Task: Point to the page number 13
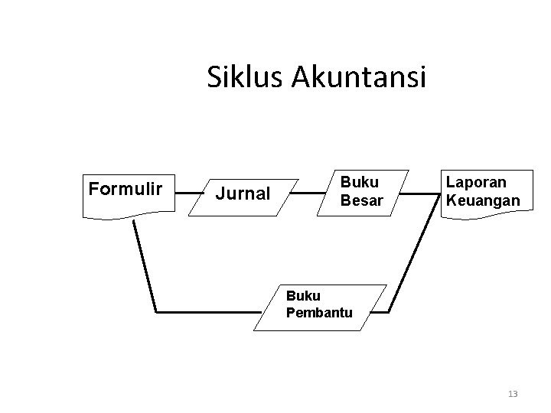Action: tap(513, 394)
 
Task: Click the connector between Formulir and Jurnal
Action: tap(183, 195)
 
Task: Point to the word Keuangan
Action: tap(484, 201)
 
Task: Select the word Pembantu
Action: tap(318, 313)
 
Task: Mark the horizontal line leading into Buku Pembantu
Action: tap(207, 312)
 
